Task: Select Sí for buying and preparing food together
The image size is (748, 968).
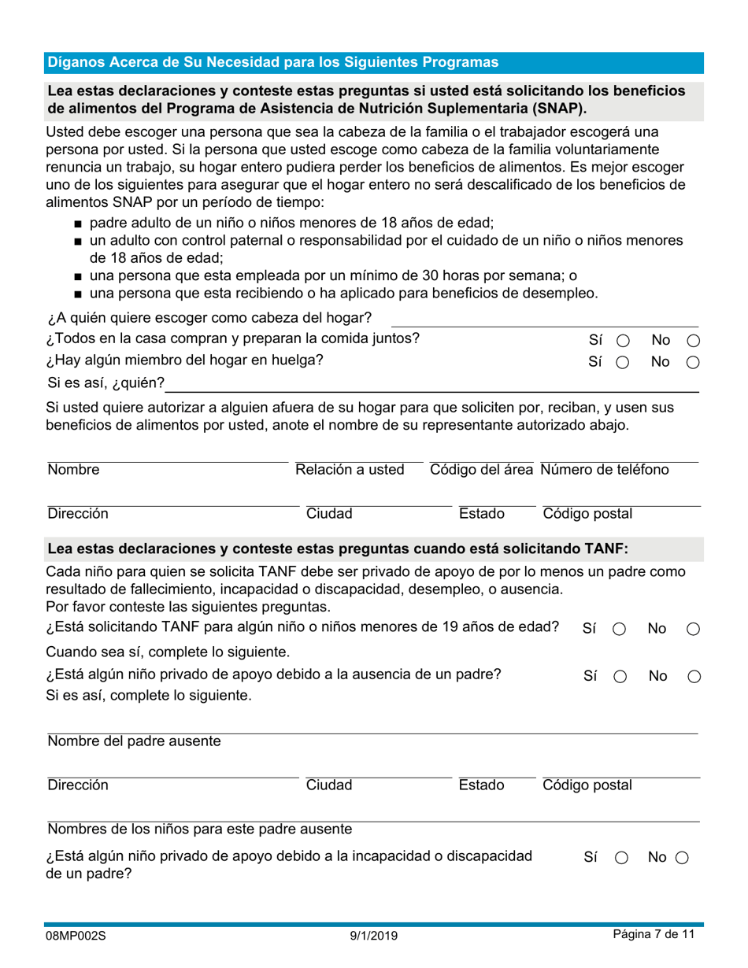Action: point(622,341)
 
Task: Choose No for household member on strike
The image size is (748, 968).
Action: point(693,363)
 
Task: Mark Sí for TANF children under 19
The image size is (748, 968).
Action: point(619,629)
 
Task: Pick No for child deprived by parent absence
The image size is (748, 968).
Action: point(693,677)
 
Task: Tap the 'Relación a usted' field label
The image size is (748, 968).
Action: point(350,470)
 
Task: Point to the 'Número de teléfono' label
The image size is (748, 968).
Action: point(605,470)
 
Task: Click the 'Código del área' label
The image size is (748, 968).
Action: point(482,470)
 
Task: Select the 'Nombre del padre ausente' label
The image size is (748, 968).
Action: point(134,741)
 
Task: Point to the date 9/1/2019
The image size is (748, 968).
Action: point(374,936)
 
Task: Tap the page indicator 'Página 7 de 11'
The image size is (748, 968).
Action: point(654,935)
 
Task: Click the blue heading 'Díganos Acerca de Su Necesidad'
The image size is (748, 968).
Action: point(272,62)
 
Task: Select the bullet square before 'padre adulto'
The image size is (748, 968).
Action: point(78,224)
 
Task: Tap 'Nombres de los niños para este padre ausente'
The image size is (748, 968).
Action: point(199,829)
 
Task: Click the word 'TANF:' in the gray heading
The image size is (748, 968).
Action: point(605,549)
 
